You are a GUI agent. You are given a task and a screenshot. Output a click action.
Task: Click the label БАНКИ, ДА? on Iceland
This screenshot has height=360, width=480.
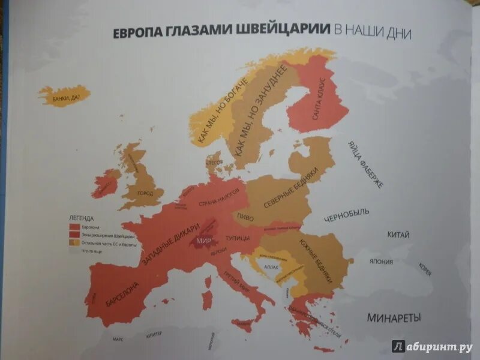pyautogui.click(x=64, y=94)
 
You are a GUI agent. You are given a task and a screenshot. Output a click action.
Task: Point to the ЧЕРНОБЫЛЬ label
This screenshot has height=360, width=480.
pyautogui.click(x=347, y=215)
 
